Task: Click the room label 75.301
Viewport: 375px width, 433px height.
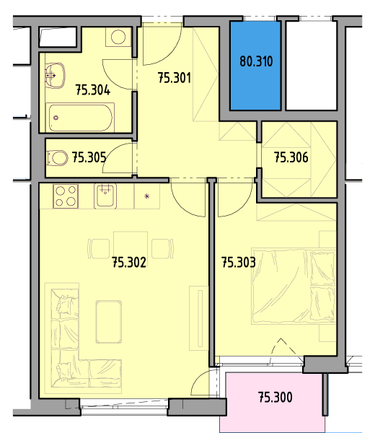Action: pos(174,78)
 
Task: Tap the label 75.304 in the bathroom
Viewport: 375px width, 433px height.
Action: pos(93,89)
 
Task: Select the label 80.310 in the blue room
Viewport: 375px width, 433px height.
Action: pos(256,61)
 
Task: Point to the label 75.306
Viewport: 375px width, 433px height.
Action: pos(291,157)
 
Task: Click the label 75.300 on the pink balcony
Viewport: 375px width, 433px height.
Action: pos(275,397)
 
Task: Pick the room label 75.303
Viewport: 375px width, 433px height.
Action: pos(239,262)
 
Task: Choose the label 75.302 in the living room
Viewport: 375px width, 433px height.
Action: pos(129,262)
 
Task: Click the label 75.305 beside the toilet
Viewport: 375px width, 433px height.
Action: pos(89,157)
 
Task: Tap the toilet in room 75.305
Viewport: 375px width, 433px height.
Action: pos(58,158)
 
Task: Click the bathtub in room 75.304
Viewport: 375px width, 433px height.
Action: pos(80,118)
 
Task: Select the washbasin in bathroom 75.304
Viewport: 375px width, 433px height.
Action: pos(55,75)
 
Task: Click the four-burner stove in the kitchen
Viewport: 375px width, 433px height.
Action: pos(66,196)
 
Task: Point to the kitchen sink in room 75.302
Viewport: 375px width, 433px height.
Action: pos(105,196)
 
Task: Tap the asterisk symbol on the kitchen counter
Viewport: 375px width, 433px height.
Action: pos(147,196)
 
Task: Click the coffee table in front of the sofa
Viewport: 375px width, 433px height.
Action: pos(109,322)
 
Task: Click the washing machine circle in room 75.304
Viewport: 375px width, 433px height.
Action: pos(118,37)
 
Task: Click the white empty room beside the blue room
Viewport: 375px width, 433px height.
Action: pos(311,66)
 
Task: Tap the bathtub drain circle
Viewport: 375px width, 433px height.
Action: pos(56,118)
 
